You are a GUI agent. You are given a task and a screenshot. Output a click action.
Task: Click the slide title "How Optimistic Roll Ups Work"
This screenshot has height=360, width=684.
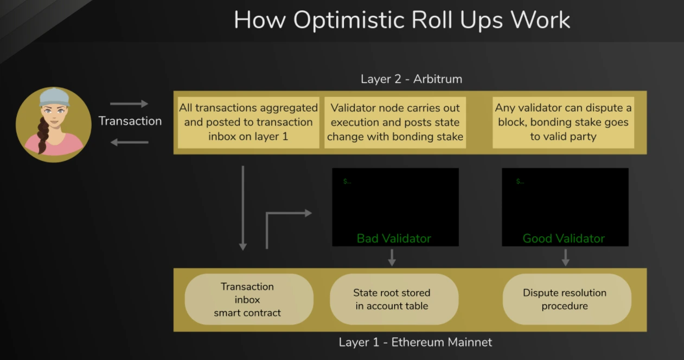pyautogui.click(x=402, y=20)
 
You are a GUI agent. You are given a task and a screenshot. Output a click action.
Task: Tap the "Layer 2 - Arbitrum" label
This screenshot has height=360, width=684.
pyautogui.click(x=411, y=79)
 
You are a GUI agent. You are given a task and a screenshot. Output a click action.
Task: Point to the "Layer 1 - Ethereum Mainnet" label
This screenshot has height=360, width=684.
pyautogui.click(x=415, y=342)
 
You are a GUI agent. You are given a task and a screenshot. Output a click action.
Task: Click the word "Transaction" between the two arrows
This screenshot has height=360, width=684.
pyautogui.click(x=130, y=121)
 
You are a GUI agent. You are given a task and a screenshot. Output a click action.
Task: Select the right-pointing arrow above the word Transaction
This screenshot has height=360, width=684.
pyautogui.click(x=129, y=104)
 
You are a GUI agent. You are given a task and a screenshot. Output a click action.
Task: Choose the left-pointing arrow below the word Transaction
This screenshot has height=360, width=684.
pyautogui.click(x=129, y=142)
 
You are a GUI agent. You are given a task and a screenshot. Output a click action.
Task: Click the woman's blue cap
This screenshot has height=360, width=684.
pyautogui.click(x=54, y=98)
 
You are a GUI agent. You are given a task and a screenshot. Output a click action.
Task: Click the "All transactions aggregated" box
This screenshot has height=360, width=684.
pyautogui.click(x=248, y=123)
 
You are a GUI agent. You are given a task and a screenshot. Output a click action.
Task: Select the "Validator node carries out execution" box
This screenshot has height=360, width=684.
pyautogui.click(x=395, y=123)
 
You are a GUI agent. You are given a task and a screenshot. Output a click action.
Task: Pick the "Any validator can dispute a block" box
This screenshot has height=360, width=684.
pyautogui.click(x=564, y=123)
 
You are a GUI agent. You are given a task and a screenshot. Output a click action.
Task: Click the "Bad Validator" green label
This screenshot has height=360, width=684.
pyautogui.click(x=394, y=239)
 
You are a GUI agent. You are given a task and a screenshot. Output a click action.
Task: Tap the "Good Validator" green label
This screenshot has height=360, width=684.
pyautogui.click(x=564, y=239)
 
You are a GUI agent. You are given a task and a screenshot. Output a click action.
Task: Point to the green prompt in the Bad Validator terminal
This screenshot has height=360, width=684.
pyautogui.click(x=347, y=182)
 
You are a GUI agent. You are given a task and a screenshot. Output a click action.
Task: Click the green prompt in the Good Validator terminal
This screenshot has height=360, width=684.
pyautogui.click(x=520, y=182)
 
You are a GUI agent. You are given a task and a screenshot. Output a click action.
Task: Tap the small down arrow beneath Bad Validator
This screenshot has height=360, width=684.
pyautogui.click(x=392, y=258)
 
